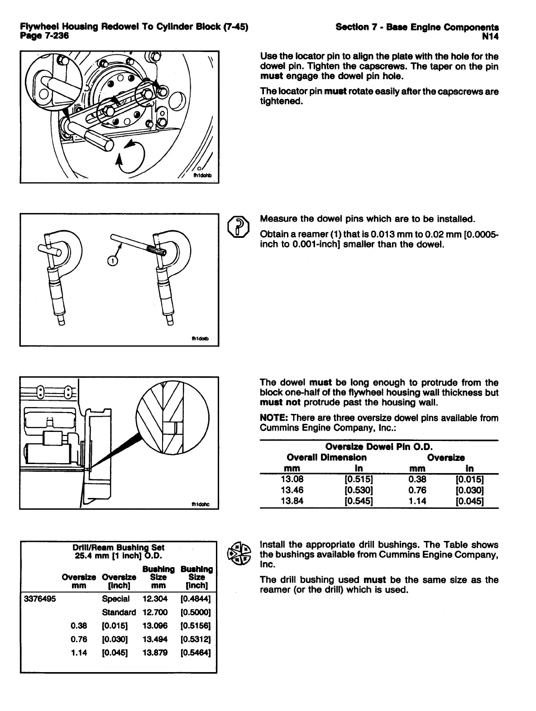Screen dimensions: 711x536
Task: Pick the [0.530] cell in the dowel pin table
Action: click(x=359, y=490)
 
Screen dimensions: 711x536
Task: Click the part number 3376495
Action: click(x=39, y=599)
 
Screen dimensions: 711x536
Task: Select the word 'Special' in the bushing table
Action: click(x=116, y=599)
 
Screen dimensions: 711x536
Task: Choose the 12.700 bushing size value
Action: click(x=155, y=612)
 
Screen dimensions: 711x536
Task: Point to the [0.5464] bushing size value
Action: click(x=196, y=653)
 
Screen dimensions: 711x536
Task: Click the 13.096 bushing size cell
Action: click(x=155, y=626)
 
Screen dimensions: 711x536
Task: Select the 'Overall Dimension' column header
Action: click(x=326, y=458)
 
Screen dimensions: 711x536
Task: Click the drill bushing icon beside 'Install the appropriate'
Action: click(x=239, y=553)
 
